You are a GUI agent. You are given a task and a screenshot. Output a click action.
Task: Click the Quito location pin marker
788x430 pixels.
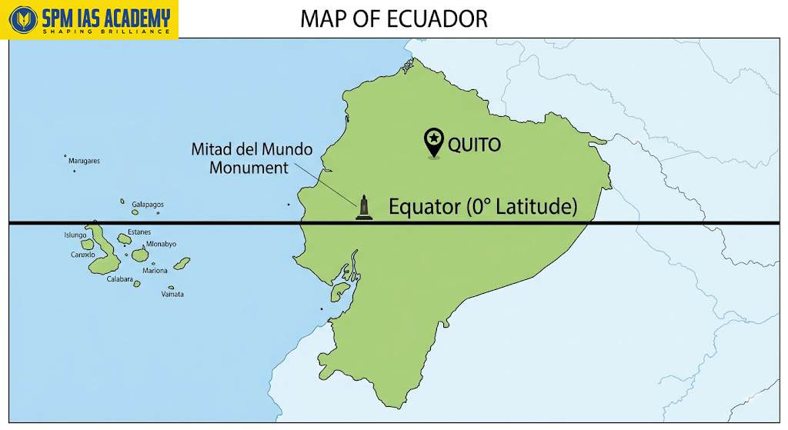click(434, 141)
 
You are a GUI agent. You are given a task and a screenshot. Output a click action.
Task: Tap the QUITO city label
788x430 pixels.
click(474, 145)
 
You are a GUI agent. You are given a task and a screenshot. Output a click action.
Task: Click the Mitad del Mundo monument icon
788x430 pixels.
click(365, 208)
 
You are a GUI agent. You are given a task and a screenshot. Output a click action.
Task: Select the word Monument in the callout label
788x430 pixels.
click(249, 167)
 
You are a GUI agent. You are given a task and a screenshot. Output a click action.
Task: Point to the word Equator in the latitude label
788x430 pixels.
click(424, 207)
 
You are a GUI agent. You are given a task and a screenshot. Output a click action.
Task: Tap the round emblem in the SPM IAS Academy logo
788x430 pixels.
click(19, 18)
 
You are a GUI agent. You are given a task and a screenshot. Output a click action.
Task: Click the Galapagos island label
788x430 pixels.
click(147, 205)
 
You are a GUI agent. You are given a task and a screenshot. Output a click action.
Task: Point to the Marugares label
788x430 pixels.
click(84, 162)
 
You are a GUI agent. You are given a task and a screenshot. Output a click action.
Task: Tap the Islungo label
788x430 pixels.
click(75, 235)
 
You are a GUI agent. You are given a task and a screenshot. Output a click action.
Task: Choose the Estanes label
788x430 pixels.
click(139, 232)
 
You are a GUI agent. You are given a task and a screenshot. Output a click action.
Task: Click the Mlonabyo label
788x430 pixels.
click(161, 244)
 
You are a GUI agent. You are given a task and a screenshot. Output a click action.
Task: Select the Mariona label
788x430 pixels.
click(155, 270)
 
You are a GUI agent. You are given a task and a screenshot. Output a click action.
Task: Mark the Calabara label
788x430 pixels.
click(122, 278)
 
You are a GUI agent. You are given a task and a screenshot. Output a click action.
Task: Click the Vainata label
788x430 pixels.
click(172, 294)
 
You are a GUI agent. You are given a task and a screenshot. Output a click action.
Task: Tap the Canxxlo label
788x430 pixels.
click(82, 255)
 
